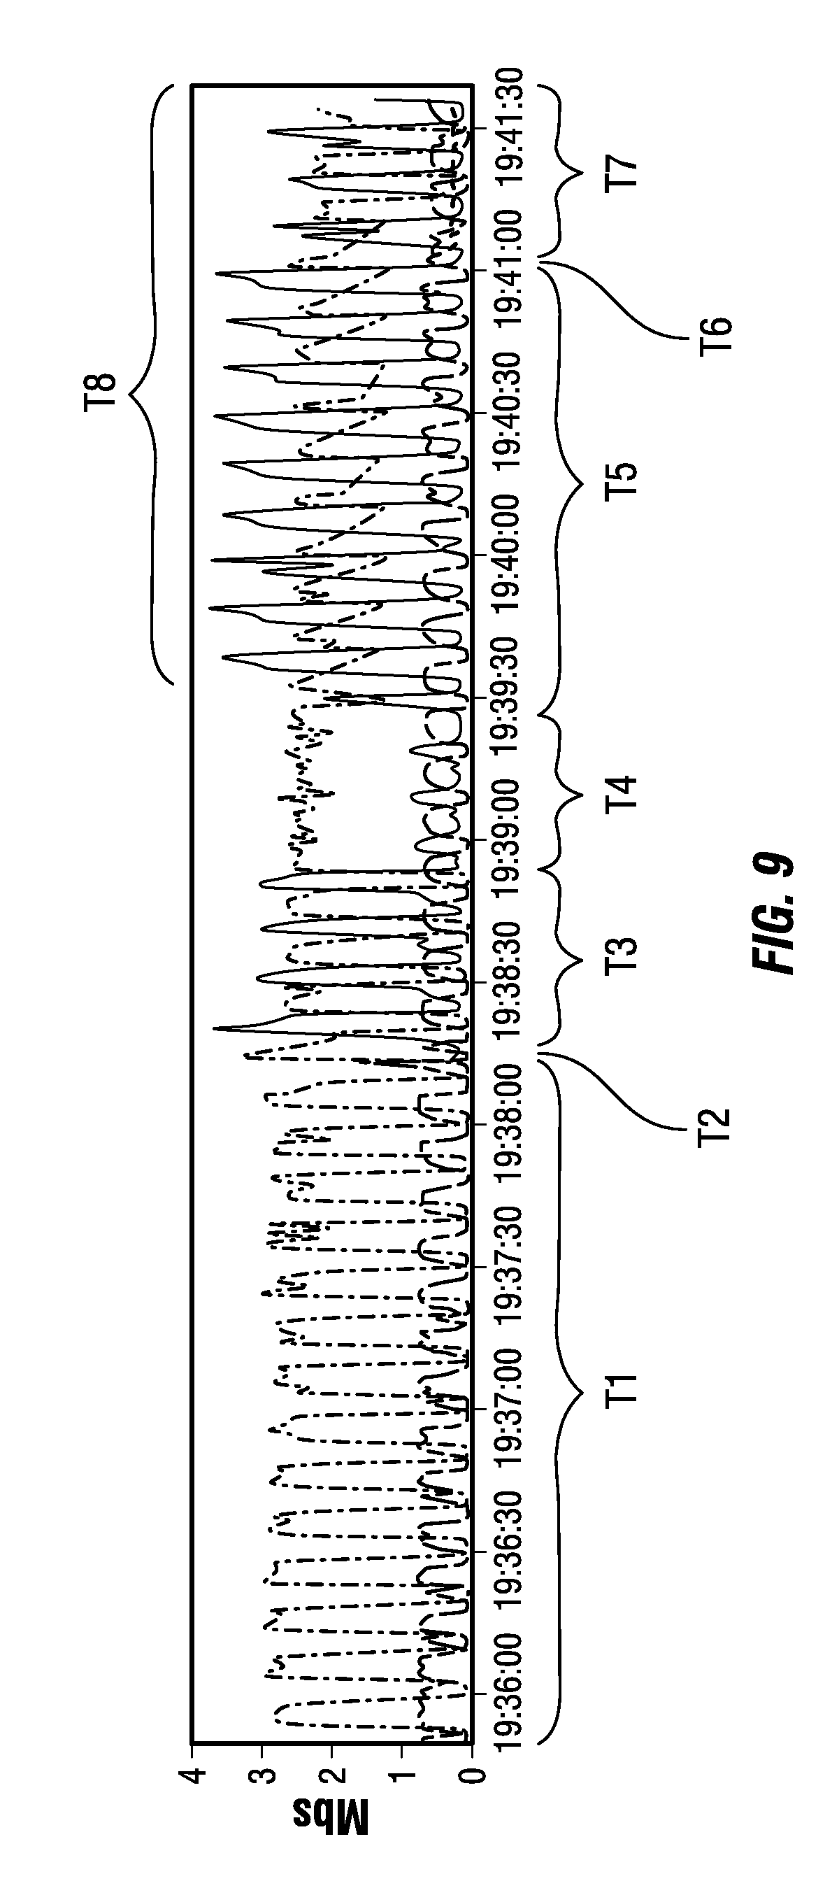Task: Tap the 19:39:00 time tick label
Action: (511, 837)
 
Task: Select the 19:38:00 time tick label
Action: (511, 1121)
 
